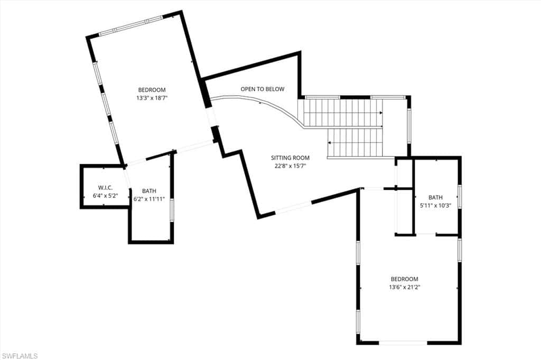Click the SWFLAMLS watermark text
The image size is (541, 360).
(x=20, y=356)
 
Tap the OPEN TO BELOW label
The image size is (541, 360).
(x=262, y=89)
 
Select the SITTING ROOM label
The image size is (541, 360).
(x=290, y=158)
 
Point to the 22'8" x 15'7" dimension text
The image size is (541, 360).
(x=290, y=166)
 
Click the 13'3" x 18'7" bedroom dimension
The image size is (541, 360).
(x=152, y=98)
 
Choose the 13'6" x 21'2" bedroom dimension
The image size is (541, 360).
(x=404, y=287)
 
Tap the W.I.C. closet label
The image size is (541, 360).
(x=105, y=187)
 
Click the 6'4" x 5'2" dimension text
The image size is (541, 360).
(x=105, y=195)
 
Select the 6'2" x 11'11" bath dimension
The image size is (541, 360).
(x=149, y=199)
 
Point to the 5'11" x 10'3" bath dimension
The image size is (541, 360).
(x=435, y=205)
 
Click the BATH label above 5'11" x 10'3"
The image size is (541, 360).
(x=435, y=197)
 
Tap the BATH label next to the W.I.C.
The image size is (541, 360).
(x=149, y=191)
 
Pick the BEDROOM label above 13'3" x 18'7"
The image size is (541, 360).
(x=152, y=90)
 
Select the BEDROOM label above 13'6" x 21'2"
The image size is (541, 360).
(x=404, y=279)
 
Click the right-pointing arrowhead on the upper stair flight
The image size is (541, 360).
(x=381, y=113)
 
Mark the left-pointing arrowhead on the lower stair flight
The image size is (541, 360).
(x=330, y=143)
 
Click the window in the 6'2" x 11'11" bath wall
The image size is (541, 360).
(x=172, y=210)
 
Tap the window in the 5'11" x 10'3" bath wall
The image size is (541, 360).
(x=460, y=196)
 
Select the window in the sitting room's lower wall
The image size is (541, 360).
(x=293, y=207)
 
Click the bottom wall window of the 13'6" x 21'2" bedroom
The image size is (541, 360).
(x=403, y=343)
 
